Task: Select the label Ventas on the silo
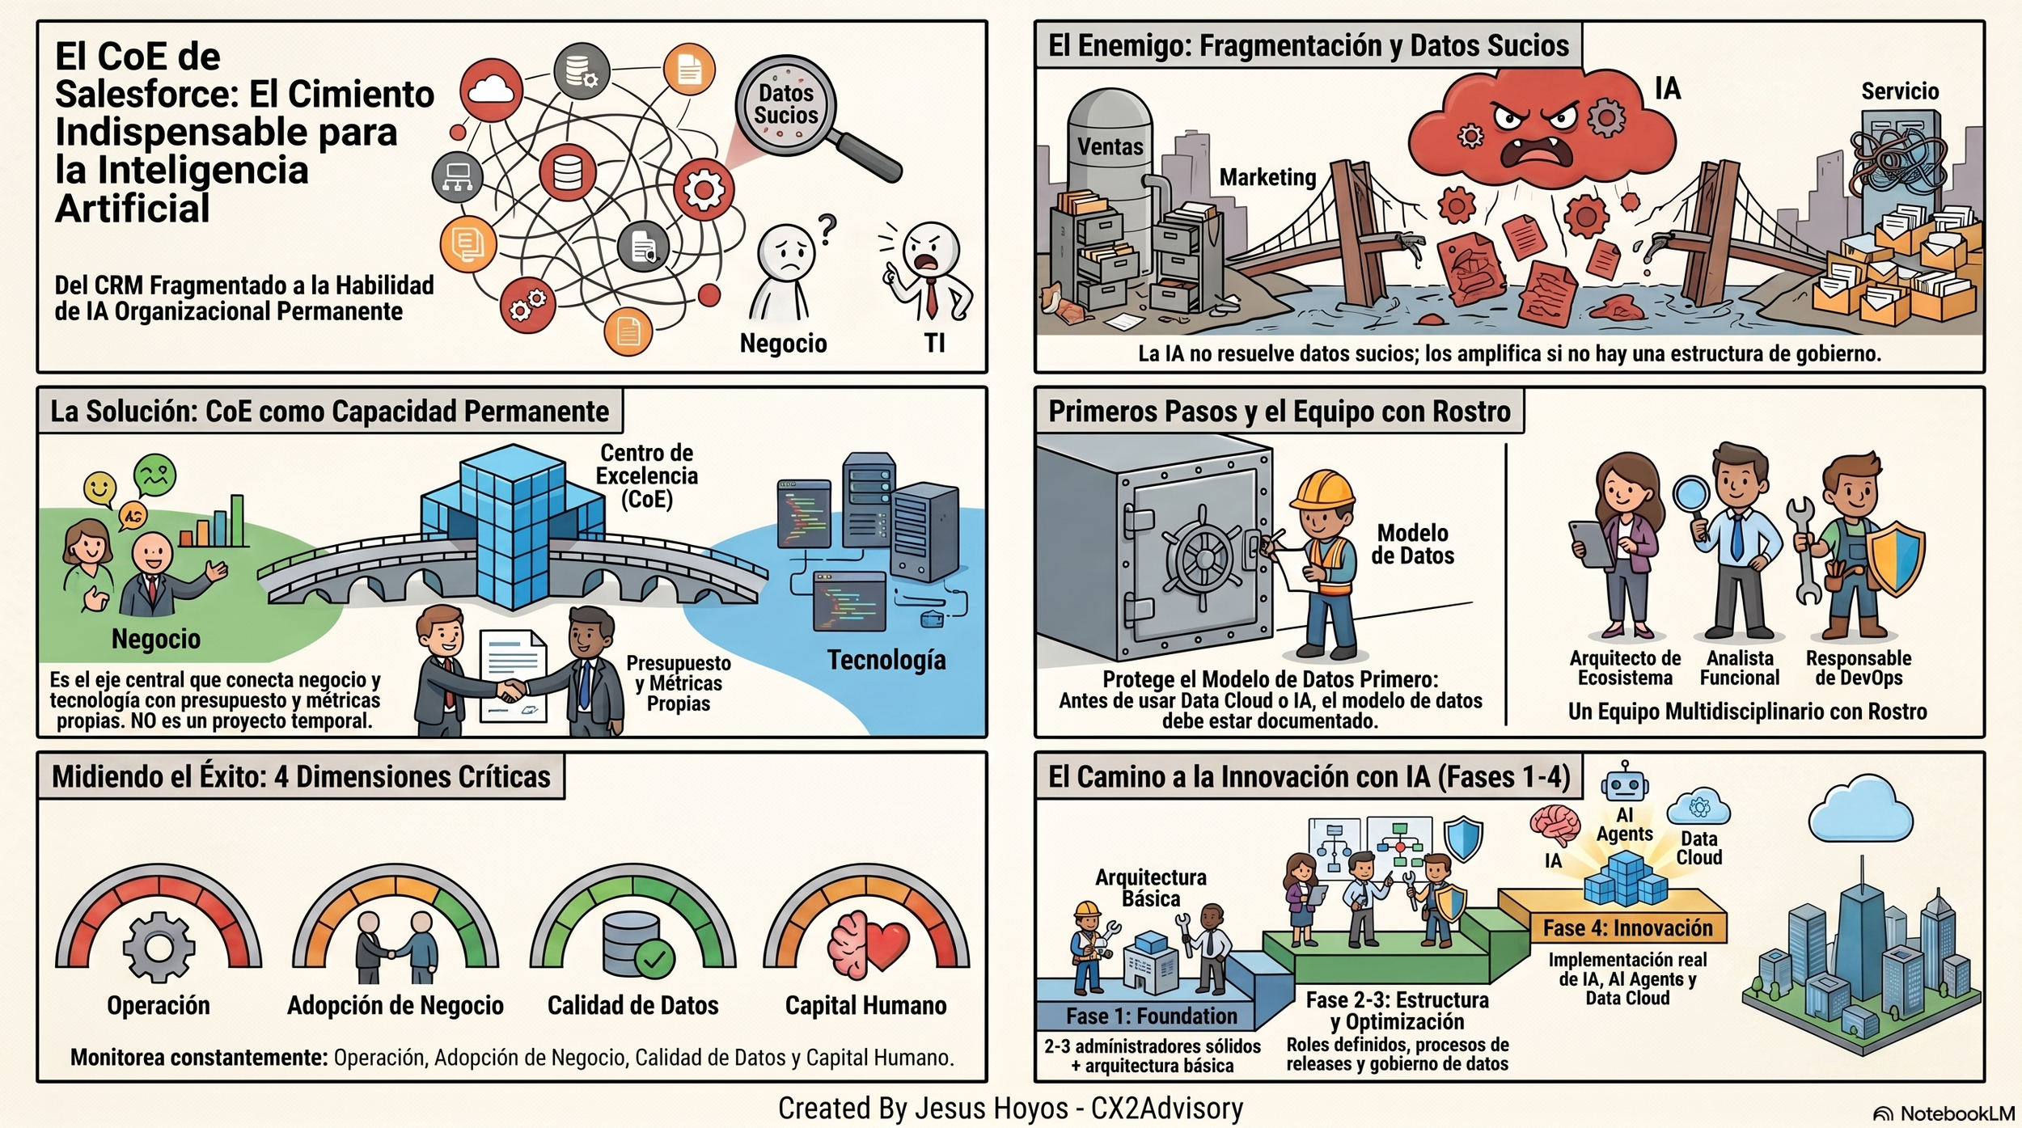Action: pyautogui.click(x=1110, y=147)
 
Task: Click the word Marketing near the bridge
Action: pyautogui.click(x=1267, y=177)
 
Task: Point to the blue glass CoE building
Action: pyautogui.click(x=511, y=526)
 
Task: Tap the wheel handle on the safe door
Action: pyautogui.click(x=1203, y=558)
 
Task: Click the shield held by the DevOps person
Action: pyautogui.click(x=1899, y=559)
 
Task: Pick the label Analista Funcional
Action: pyautogui.click(x=1740, y=668)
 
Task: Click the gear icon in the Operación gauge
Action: pyautogui.click(x=159, y=947)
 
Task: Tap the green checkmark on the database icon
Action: pyautogui.click(x=654, y=960)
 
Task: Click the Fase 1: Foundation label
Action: pyautogui.click(x=1152, y=1016)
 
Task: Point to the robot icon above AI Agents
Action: pyautogui.click(x=1624, y=783)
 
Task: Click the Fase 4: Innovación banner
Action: pyautogui.click(x=1627, y=927)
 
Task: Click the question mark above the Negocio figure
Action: pyautogui.click(x=826, y=230)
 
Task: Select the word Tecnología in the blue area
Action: pyautogui.click(x=886, y=660)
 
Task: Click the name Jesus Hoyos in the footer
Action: pyautogui.click(x=992, y=1108)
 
